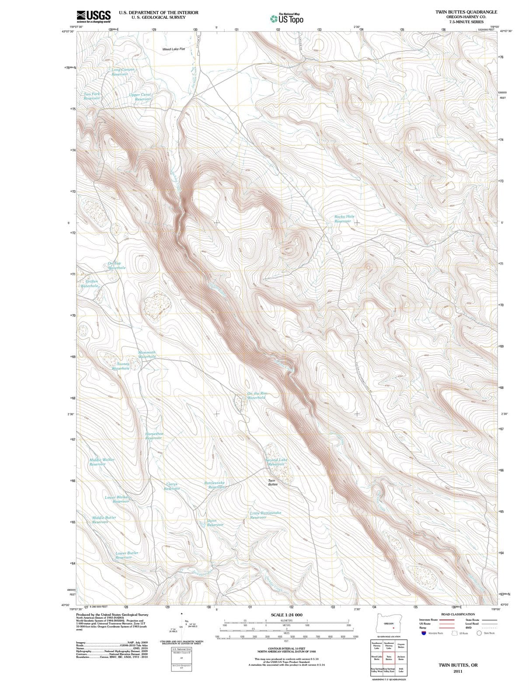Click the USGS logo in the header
click(93, 16)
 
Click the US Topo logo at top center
click(287, 18)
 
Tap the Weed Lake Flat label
click(174, 49)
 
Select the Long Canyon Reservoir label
click(122, 72)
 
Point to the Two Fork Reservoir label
click(92, 96)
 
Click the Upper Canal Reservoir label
click(141, 97)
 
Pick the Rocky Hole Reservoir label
click(344, 219)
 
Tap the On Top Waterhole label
click(116, 266)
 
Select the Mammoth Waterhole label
click(146, 354)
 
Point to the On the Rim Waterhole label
click(257, 396)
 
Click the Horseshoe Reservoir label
click(154, 436)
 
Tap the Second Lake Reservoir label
click(276, 462)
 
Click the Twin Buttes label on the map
click(272, 482)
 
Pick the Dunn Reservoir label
click(215, 523)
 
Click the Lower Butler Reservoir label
click(126, 555)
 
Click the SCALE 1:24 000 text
click(286, 615)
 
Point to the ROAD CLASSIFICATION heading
click(457, 614)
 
